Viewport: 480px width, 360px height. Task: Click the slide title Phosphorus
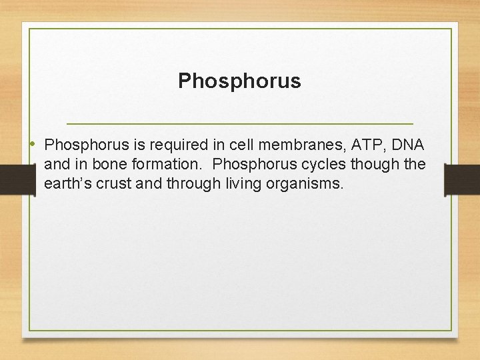point(239,81)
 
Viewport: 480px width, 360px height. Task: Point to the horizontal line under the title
point(240,124)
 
